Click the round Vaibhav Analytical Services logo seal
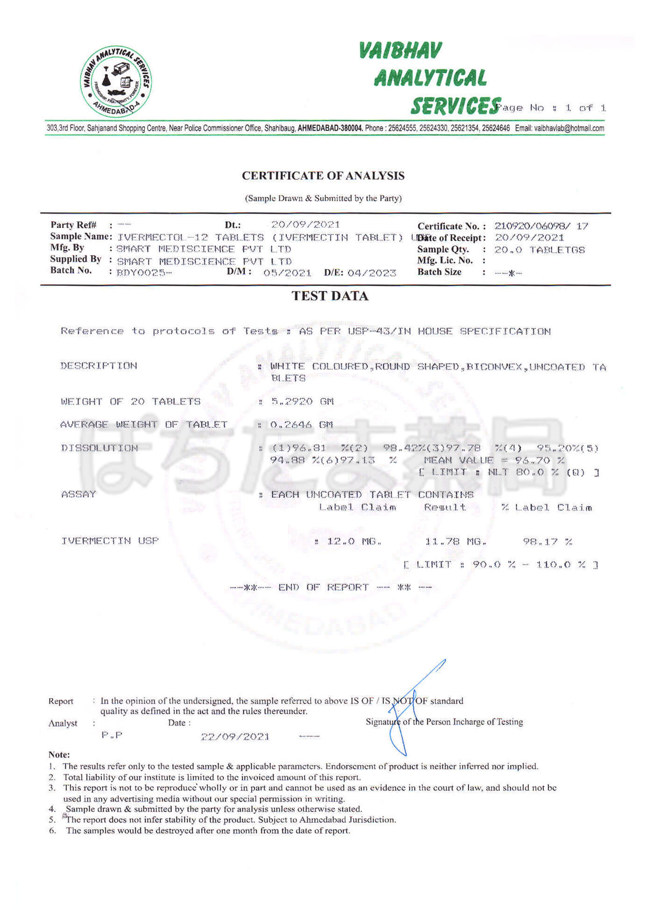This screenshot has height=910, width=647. (115, 81)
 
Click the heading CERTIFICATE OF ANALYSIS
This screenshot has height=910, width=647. (323, 176)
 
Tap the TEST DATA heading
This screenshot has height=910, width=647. (330, 296)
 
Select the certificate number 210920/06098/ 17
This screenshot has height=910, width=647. (541, 226)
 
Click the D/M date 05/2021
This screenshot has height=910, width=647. (287, 273)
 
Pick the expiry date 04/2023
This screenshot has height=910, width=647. (371, 273)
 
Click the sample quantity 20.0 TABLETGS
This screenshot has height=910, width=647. (539, 250)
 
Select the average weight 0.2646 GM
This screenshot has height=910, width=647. (302, 425)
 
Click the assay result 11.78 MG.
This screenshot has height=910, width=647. (455, 541)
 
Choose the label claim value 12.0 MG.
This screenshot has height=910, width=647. (354, 541)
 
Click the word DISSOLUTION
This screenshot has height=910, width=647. (100, 448)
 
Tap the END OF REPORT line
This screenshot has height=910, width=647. (330, 587)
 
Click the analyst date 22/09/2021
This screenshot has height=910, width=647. (235, 737)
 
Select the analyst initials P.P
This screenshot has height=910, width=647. (112, 735)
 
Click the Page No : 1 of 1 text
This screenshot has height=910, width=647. (551, 108)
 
